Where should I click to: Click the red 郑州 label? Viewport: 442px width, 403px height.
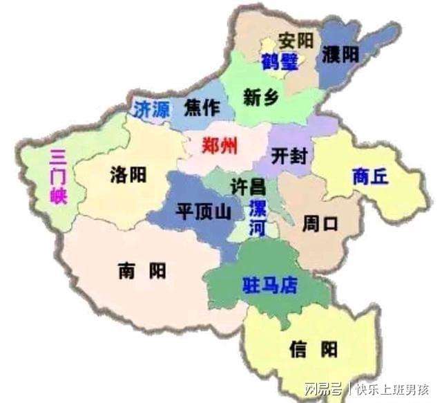[x=220, y=146]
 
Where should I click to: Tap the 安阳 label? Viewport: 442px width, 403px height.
[x=296, y=39]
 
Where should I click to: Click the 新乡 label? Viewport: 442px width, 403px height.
[x=261, y=98]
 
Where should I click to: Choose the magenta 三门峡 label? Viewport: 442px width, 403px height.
[x=58, y=177]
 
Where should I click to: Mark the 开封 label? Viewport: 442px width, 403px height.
[x=289, y=155]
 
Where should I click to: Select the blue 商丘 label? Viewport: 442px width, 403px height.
[x=370, y=176]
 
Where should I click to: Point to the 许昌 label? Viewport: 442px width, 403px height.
[x=247, y=186]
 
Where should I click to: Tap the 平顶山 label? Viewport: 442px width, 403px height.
[x=204, y=212]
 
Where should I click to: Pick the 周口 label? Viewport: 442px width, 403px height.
[x=320, y=224]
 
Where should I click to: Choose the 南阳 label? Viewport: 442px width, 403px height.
[x=142, y=270]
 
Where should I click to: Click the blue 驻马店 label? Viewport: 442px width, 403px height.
[x=269, y=285]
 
